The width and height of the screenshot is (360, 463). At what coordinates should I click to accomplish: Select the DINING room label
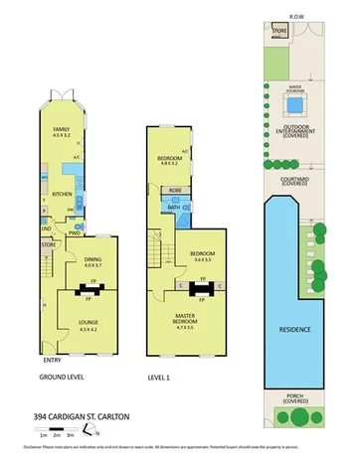[94, 260]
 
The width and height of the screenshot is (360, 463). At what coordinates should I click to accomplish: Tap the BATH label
[172, 208]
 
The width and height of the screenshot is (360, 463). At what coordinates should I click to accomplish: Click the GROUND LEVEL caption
[61, 379]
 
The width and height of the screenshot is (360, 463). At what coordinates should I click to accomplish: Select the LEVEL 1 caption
[161, 379]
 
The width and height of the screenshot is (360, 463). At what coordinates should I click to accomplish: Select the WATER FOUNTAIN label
[295, 88]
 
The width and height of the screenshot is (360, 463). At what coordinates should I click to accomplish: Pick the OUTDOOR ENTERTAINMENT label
[295, 130]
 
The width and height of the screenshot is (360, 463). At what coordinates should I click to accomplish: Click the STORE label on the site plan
[279, 30]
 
